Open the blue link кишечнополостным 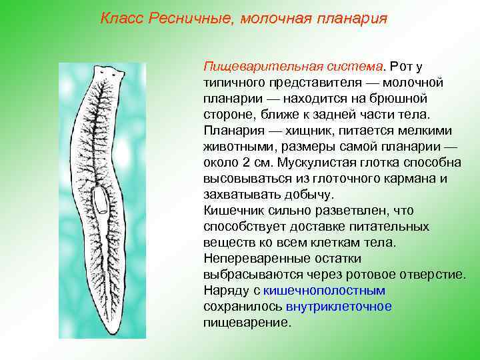(x=325, y=290)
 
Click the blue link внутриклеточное (x=339, y=306)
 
